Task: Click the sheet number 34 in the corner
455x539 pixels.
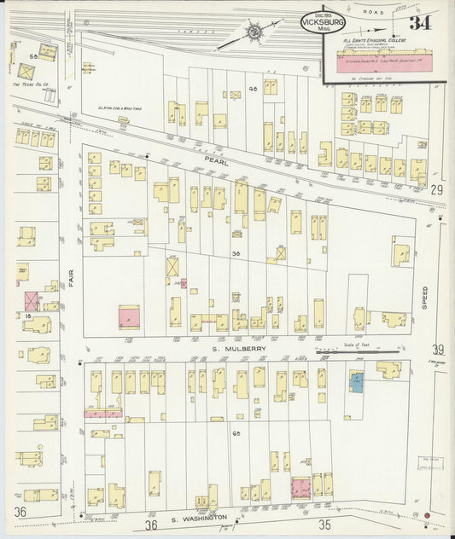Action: tap(419, 23)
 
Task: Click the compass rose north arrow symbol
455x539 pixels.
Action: tap(254, 32)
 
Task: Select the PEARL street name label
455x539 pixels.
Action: tap(225, 159)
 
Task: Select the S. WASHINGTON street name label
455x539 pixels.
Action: tap(198, 518)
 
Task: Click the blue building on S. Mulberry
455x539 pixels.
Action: tap(355, 381)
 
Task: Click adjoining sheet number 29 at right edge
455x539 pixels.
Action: tap(437, 188)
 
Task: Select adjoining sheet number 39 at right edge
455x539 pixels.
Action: tap(438, 349)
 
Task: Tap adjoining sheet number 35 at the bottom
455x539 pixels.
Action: tap(324, 524)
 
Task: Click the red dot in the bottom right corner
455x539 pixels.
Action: tap(428, 516)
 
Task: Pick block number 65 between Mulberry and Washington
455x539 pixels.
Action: tap(236, 433)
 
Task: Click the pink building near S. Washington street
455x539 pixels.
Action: tap(300, 488)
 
